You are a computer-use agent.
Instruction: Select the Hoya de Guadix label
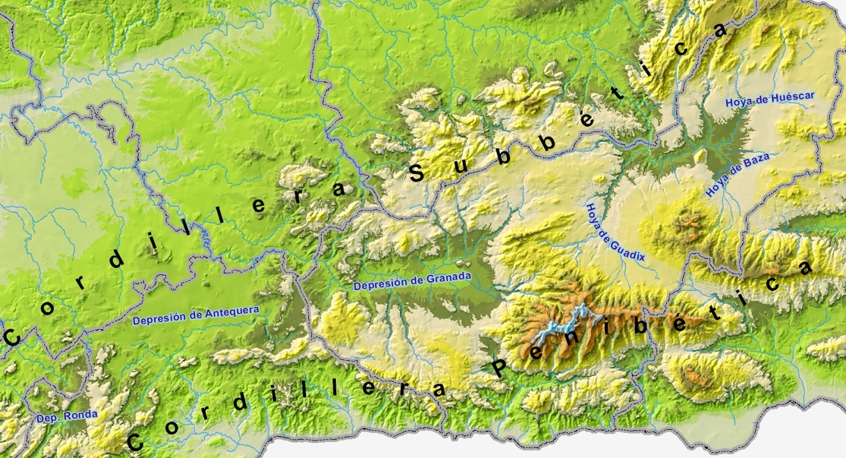615,232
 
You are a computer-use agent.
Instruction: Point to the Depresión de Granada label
412,280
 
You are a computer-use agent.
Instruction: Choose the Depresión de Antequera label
195,315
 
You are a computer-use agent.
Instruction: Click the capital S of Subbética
417,173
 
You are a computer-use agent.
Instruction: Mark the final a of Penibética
805,269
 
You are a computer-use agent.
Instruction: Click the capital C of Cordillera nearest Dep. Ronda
136,441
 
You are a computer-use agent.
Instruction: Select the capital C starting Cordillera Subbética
12,336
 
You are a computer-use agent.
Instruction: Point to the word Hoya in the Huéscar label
738,102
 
